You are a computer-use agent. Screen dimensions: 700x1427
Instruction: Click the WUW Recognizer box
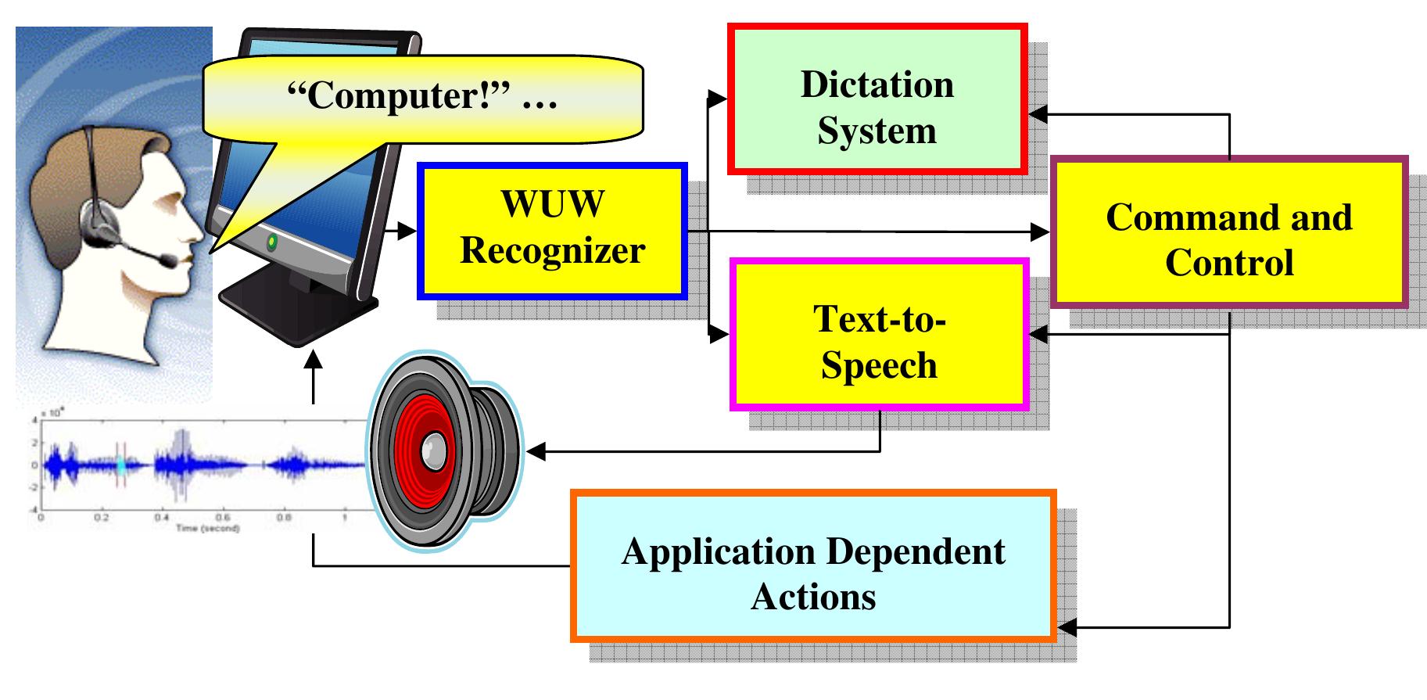click(x=552, y=231)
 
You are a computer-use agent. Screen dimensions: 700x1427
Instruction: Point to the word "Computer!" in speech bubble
click(x=399, y=95)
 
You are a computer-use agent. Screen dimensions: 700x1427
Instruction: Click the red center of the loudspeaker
click(x=431, y=451)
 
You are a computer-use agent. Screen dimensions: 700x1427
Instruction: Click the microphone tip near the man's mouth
click(x=168, y=260)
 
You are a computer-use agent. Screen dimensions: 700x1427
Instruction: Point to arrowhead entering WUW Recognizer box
click(x=409, y=231)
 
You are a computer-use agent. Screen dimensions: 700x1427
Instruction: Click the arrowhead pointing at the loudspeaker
click(x=536, y=451)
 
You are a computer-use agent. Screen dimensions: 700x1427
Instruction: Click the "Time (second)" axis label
click(x=207, y=529)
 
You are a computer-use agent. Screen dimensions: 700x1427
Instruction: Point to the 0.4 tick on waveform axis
click(x=161, y=518)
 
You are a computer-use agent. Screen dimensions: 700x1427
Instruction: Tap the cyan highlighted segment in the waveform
click(x=121, y=465)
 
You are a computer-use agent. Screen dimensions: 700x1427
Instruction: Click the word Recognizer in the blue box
click(x=552, y=251)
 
